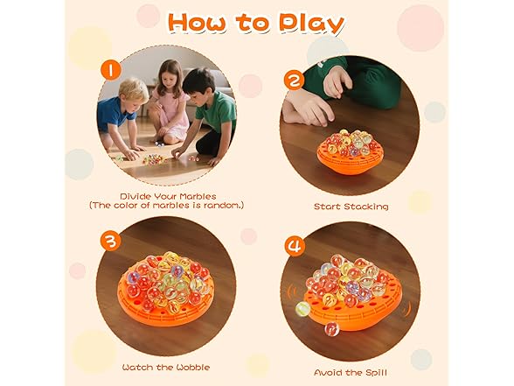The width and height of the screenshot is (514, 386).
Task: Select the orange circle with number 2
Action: point(294,80)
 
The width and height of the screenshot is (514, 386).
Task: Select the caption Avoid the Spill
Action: point(350,373)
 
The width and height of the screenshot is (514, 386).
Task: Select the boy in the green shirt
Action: point(210,109)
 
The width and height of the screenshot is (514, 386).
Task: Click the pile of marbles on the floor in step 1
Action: point(154,158)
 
